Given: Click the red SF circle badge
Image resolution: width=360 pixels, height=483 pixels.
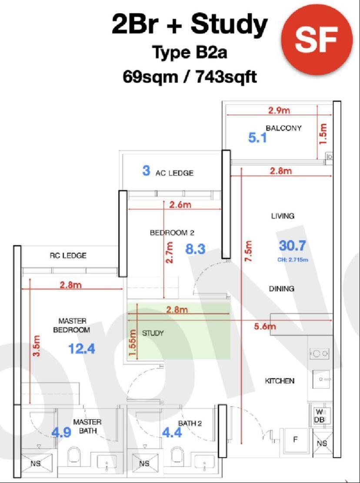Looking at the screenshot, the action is (x=317, y=39).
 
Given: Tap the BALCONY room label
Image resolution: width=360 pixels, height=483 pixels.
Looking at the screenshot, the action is (x=283, y=128).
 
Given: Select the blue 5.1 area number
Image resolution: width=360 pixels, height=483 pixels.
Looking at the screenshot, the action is (x=257, y=138).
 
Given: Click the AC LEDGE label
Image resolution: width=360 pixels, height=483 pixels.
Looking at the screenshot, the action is (x=174, y=173).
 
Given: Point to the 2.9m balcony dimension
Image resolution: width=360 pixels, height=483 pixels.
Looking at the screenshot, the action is (x=279, y=110).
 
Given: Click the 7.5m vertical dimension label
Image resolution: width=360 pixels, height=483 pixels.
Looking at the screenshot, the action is (x=249, y=251).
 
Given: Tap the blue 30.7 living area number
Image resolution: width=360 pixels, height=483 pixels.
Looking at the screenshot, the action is (x=292, y=246).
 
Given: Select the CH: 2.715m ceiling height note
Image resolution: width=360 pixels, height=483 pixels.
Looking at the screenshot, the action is (x=293, y=260).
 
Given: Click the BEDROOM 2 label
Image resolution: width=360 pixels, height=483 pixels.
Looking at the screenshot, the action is (x=172, y=233).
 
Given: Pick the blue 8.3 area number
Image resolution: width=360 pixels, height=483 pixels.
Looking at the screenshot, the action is (x=195, y=249).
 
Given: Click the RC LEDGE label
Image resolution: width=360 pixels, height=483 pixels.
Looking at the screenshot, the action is (x=68, y=255).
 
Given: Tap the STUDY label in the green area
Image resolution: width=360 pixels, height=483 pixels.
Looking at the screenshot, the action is (x=153, y=333).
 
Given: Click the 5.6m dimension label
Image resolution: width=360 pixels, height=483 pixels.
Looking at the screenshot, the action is (x=265, y=326).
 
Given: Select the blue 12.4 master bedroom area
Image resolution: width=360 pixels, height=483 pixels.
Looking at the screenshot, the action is (x=82, y=349).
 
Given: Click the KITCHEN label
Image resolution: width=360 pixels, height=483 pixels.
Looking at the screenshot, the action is (x=280, y=381).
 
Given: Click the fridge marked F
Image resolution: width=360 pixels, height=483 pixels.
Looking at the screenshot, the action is (x=295, y=440).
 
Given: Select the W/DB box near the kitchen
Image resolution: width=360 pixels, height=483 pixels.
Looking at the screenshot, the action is (x=319, y=416).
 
